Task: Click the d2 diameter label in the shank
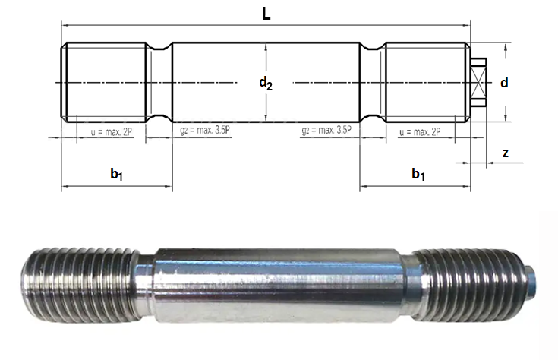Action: [265, 84]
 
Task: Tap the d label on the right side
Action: [503, 82]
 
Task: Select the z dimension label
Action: [506, 153]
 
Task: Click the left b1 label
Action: [116, 175]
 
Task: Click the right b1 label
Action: [418, 175]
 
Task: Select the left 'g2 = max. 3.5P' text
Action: [205, 131]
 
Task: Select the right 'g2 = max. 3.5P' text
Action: [326, 131]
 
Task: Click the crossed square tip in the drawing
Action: [478, 82]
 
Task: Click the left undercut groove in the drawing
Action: [159, 82]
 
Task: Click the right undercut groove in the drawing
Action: [372, 82]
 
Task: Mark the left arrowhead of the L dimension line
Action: [64, 24]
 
